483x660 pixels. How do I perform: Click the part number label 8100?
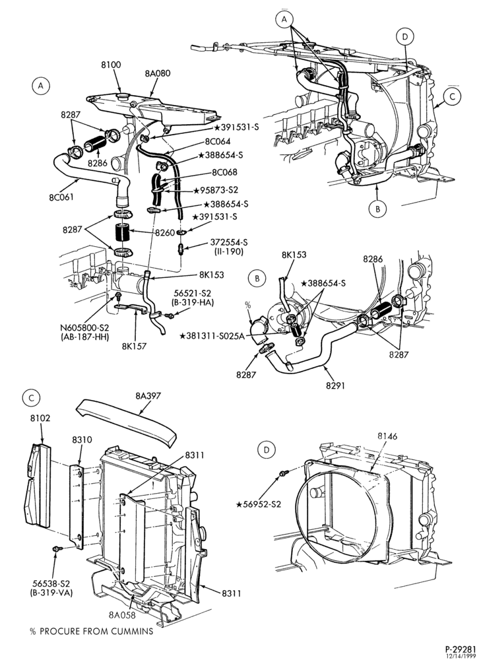(x=111, y=65)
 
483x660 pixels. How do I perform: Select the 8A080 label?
(x=158, y=73)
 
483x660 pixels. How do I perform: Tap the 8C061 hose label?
(x=61, y=197)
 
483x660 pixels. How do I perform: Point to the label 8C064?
(x=218, y=141)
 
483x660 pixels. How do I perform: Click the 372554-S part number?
(x=228, y=242)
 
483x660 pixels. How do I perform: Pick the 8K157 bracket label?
(x=135, y=347)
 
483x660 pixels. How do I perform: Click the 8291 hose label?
(x=335, y=385)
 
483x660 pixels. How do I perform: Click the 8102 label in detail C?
(x=40, y=418)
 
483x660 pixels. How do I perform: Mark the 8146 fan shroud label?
(x=387, y=436)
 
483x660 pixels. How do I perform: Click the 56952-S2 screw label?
(x=259, y=504)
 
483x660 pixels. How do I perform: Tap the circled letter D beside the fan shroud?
(x=267, y=450)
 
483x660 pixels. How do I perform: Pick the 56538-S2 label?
(x=51, y=583)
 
